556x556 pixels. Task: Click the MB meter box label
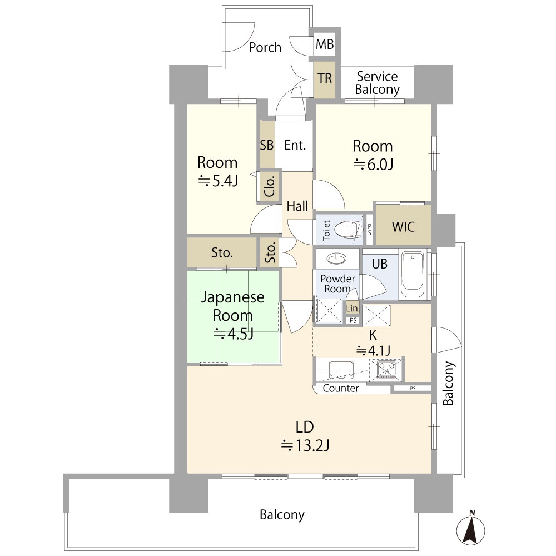pyautogui.click(x=325, y=44)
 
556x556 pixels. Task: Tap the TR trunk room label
pyautogui.click(x=325, y=78)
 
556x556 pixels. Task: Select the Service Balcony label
pyautogui.click(x=378, y=83)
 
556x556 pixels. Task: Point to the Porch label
pyautogui.click(x=265, y=47)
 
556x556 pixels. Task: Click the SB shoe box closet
pyautogui.click(x=267, y=145)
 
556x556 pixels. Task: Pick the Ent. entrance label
pyautogui.click(x=295, y=145)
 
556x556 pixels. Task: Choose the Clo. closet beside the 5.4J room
pyautogui.click(x=270, y=186)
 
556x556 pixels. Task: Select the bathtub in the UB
pyautogui.click(x=413, y=274)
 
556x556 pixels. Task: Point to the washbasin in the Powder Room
pyautogui.click(x=337, y=258)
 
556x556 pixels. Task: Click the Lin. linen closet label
pyautogui.click(x=353, y=309)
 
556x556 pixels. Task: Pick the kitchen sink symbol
pyautogui.click(x=341, y=370)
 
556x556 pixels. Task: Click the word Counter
pyautogui.click(x=341, y=388)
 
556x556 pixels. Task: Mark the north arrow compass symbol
pyautogui.click(x=470, y=528)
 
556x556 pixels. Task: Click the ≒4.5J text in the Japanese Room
pyautogui.click(x=234, y=334)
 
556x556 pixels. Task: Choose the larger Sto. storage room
pyautogui.click(x=222, y=252)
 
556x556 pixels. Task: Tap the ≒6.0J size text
pyautogui.click(x=374, y=164)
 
